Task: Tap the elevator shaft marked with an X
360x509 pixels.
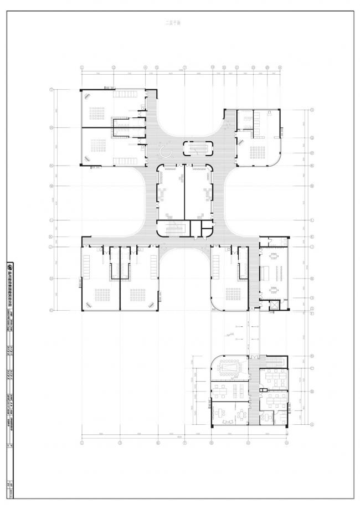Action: (x=273, y=306)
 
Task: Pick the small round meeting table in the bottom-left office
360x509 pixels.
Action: (x=241, y=413)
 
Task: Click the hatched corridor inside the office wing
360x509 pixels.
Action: (x=253, y=388)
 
